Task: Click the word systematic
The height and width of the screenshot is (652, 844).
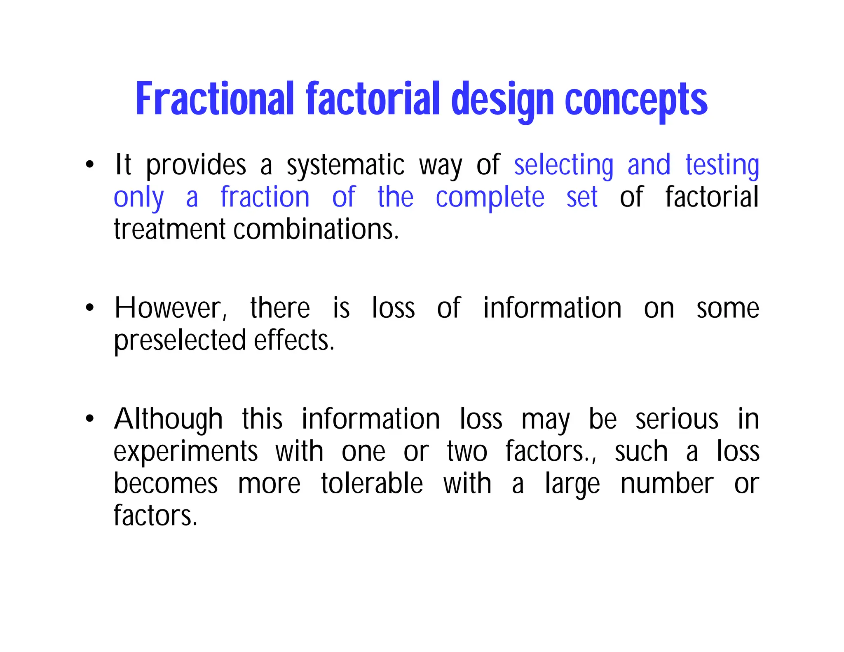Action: pyautogui.click(x=346, y=165)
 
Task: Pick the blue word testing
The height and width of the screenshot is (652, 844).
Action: pyautogui.click(x=722, y=165)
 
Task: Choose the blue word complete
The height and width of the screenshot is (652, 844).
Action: pyautogui.click(x=490, y=197)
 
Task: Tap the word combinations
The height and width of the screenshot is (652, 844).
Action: pyautogui.click(x=316, y=230)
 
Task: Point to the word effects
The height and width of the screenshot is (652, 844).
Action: pyautogui.click(x=294, y=340)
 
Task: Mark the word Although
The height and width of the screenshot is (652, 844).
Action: pyautogui.click(x=169, y=419)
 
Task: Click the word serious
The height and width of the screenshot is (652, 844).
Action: pyautogui.click(x=677, y=419)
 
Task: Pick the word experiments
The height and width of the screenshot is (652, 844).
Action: pyautogui.click(x=186, y=452)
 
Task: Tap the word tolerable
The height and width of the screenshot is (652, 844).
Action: pyautogui.click(x=372, y=483)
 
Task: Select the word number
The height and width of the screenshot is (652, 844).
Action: pyautogui.click(x=667, y=483)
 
